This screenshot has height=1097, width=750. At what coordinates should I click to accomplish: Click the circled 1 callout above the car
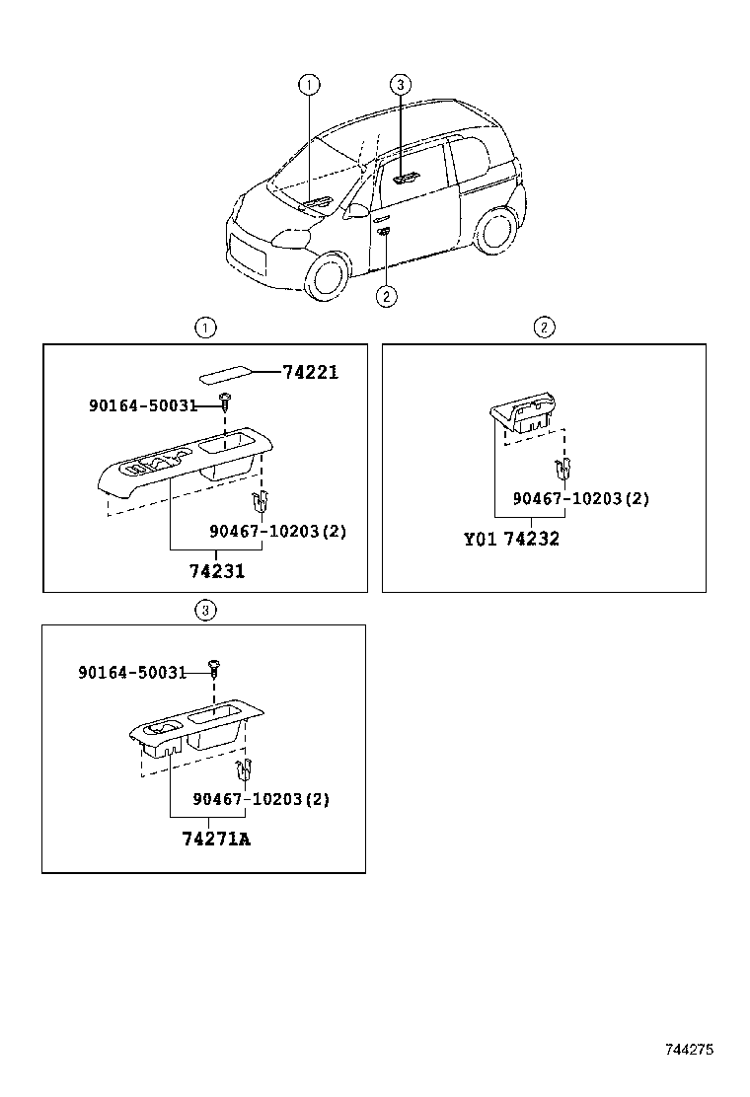pos(309,85)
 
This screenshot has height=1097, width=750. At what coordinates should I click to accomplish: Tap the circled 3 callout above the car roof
pos(400,85)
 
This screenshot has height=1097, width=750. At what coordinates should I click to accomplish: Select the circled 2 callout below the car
pos(386,295)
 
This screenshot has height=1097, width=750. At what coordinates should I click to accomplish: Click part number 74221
pos(310,372)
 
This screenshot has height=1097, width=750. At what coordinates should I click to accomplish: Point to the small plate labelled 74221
pos(225,375)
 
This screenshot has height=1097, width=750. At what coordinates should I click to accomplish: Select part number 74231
pos(217,571)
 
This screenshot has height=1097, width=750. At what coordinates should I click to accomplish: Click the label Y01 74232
pos(511,540)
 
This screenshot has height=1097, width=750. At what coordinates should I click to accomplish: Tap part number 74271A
pos(216,840)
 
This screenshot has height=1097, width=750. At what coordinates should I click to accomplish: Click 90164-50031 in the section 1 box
pos(143,405)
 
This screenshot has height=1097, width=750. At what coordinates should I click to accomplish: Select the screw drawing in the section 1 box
pos(226,402)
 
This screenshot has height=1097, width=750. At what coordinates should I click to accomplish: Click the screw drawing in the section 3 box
pos(215,668)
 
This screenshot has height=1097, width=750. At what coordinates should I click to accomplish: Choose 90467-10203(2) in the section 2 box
pos(580,499)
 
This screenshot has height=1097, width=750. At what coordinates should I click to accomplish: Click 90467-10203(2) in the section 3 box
pos(261,799)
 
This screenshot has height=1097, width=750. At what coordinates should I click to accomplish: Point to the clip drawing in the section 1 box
pos(261,502)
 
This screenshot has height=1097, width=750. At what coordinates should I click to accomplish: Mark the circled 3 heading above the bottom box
pos(204,611)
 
